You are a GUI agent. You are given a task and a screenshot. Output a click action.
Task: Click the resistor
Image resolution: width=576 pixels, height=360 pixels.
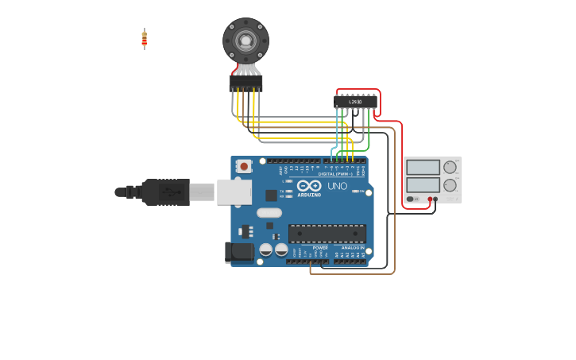(x=145, y=38)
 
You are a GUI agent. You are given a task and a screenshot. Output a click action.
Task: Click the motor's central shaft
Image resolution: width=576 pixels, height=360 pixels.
(x=245, y=40)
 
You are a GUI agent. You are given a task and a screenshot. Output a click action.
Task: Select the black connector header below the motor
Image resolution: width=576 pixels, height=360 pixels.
(x=245, y=83)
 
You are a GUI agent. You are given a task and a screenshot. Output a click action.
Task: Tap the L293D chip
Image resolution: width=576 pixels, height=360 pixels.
(x=355, y=102)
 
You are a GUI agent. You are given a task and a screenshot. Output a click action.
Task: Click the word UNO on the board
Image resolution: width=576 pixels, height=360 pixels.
(x=338, y=186)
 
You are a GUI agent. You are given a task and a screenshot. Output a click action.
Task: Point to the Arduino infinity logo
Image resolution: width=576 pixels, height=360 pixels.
(x=309, y=186)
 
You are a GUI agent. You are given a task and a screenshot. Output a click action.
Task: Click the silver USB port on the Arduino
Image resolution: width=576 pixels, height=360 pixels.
(x=234, y=192)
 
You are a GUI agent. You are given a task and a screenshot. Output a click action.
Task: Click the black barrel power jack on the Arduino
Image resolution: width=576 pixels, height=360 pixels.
(x=239, y=252)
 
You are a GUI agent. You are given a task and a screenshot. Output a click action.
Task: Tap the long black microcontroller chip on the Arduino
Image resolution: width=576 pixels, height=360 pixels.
(x=327, y=234)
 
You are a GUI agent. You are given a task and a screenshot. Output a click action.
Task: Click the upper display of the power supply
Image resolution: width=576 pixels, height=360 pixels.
(x=423, y=167)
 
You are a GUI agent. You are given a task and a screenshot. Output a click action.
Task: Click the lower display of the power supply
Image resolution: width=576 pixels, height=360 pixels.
(x=423, y=185)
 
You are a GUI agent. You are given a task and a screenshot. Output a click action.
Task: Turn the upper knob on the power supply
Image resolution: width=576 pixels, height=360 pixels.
(x=450, y=167)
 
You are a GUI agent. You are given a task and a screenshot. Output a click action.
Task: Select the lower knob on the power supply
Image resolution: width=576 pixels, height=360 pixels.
(x=450, y=186)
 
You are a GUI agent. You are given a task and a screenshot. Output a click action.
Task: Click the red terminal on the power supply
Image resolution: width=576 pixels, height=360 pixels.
(x=430, y=199)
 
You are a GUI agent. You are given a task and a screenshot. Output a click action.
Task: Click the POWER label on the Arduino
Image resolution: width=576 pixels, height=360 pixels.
(x=320, y=248)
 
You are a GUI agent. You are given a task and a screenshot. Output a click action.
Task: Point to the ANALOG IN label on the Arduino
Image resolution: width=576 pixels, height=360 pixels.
(x=353, y=248)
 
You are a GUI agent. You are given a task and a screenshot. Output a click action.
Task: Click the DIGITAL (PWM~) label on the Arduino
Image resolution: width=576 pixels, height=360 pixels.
(x=335, y=174)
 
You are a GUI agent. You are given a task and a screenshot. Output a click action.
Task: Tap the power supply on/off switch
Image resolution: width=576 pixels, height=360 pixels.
(x=412, y=199)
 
